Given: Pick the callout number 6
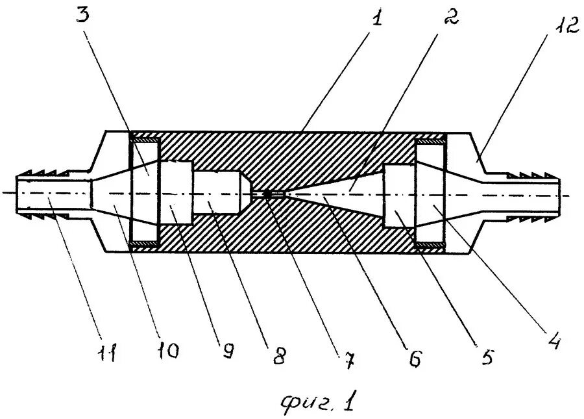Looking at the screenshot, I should pos(416,359).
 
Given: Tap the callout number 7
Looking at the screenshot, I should pos(348,361).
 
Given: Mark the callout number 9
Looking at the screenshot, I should pos(228,351).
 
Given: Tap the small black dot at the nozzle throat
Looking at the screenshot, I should pos(267,194).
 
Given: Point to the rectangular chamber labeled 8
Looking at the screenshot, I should pos(217,194).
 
